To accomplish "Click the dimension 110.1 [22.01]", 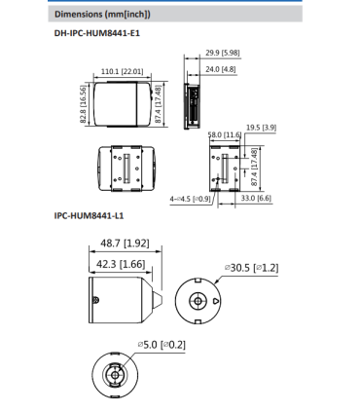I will pyautogui.click(x=123, y=71).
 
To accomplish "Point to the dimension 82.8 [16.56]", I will pyautogui.click(x=85, y=104).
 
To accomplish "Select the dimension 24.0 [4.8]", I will pyautogui.click(x=222, y=70).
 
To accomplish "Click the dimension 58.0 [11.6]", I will pyautogui.click(x=227, y=134).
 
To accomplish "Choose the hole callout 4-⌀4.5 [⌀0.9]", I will pyautogui.click(x=190, y=199).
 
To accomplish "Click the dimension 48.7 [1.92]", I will pyautogui.click(x=124, y=243).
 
